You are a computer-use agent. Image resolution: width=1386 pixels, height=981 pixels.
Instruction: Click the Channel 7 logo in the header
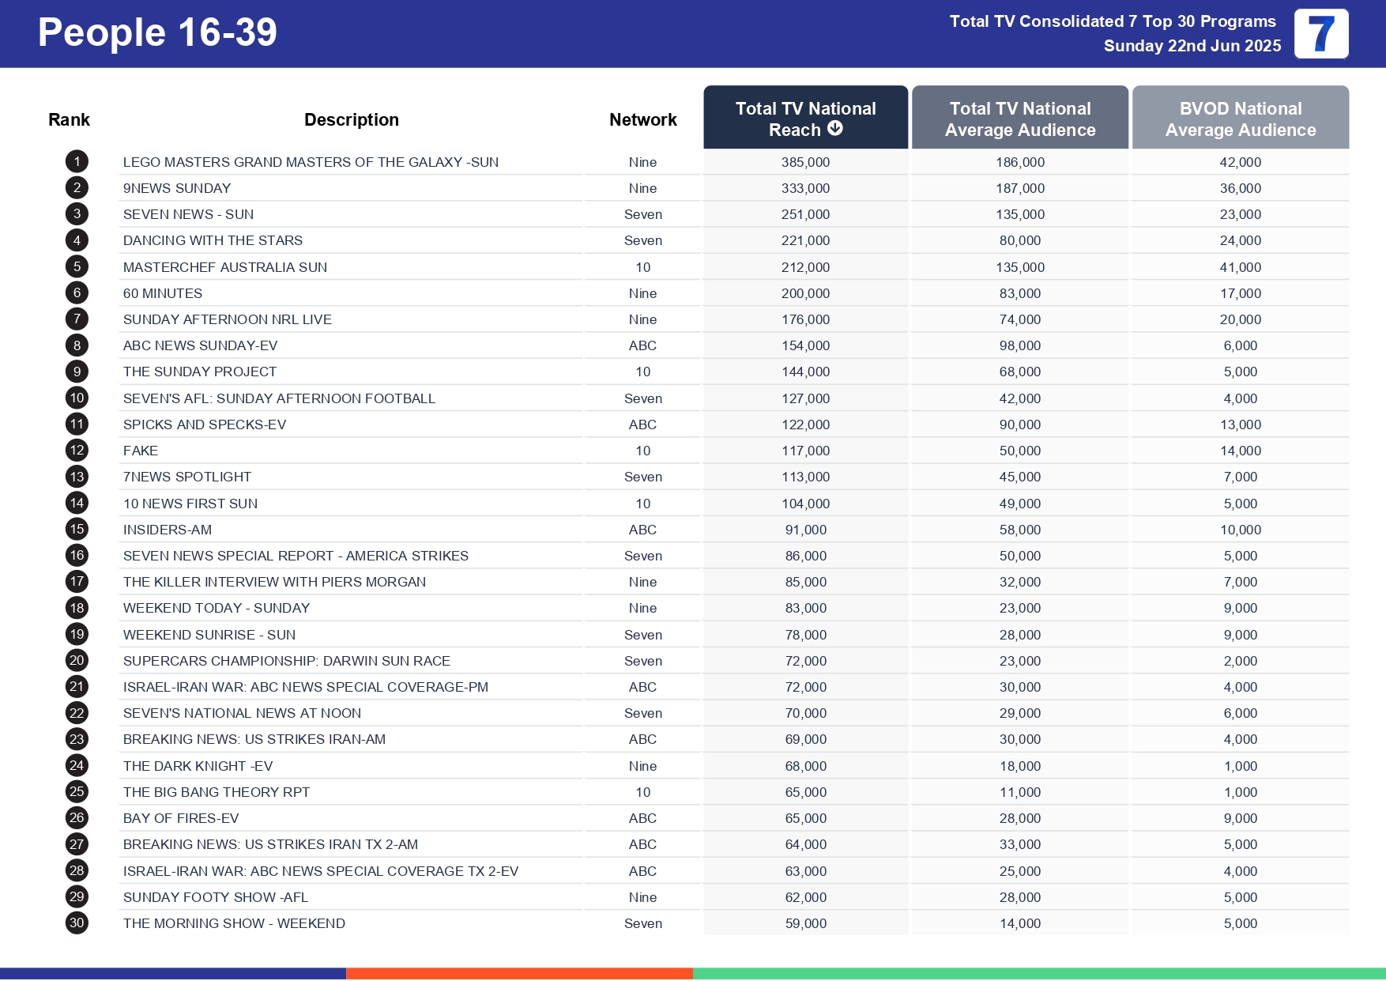(1320, 34)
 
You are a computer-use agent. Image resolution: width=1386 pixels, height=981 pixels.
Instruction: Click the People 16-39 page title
(157, 33)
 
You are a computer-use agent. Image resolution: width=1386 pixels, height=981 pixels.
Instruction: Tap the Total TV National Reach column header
(804, 118)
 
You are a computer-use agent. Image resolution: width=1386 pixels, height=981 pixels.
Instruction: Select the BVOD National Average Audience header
(1240, 119)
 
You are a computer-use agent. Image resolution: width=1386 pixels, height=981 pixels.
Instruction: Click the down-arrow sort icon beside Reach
(835, 129)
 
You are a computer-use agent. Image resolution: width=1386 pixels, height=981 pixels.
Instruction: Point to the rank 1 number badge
(77, 162)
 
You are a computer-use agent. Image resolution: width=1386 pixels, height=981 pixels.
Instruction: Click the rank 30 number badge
(77, 923)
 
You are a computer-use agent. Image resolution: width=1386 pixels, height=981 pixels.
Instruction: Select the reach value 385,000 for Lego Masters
(805, 162)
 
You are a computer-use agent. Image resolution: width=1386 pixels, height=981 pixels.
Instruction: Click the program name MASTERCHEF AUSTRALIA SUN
(225, 267)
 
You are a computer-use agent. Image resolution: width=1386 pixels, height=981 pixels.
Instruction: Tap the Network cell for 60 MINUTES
(642, 293)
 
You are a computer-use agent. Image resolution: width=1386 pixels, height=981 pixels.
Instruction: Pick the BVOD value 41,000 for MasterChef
(1240, 267)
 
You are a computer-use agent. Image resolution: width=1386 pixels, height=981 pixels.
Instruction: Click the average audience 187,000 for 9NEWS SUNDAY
(1019, 188)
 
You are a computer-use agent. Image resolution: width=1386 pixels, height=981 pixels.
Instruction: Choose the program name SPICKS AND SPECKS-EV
(205, 424)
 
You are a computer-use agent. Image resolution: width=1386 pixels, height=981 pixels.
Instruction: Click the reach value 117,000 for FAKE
(805, 451)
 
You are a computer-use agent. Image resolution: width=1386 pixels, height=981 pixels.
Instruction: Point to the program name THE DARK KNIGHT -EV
(198, 766)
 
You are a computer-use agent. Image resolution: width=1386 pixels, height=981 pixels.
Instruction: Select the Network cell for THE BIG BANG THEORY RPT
(642, 792)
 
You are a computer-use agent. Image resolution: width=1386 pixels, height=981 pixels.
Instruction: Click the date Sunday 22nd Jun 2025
(1192, 46)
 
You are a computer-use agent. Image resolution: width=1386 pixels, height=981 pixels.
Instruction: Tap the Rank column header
(69, 119)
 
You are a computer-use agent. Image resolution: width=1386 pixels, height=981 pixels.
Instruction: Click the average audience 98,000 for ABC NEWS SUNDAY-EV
(1019, 345)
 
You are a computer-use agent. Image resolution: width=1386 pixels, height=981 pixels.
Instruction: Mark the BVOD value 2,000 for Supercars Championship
(1240, 661)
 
